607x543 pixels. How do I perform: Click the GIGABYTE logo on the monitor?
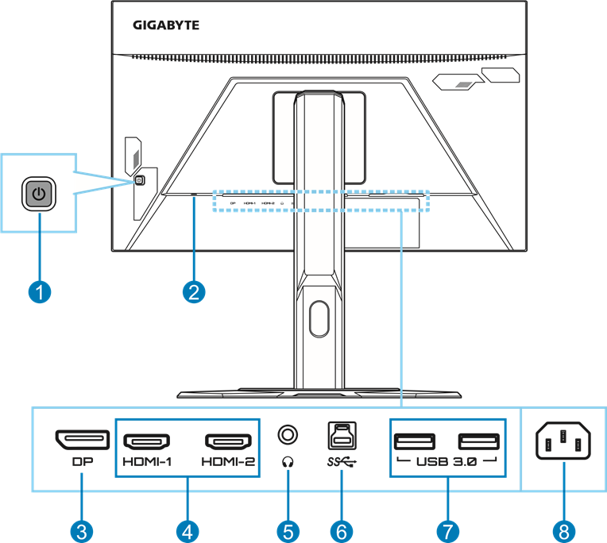165,25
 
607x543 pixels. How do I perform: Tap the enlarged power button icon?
39,193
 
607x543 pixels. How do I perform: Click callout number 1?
38,292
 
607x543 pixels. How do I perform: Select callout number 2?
193,292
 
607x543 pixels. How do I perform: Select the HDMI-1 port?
148,441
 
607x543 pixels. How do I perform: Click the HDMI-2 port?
229,441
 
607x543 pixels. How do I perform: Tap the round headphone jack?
288,435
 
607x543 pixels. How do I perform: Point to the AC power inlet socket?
564,441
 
